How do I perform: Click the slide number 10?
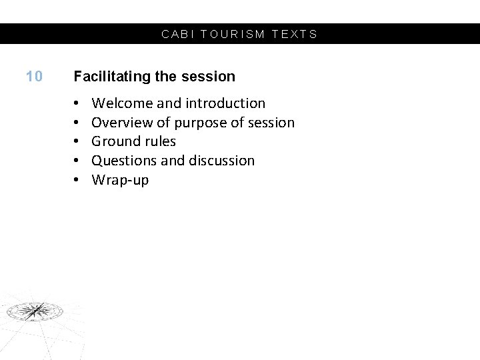(x=34, y=77)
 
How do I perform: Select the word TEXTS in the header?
(x=295, y=34)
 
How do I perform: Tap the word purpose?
(x=200, y=123)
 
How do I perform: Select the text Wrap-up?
(x=120, y=180)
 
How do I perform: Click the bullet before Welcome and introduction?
(x=77, y=103)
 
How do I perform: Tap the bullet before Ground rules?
(x=77, y=141)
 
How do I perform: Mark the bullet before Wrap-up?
(x=77, y=180)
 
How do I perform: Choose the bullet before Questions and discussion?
(x=77, y=161)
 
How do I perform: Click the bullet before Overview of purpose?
(x=77, y=123)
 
